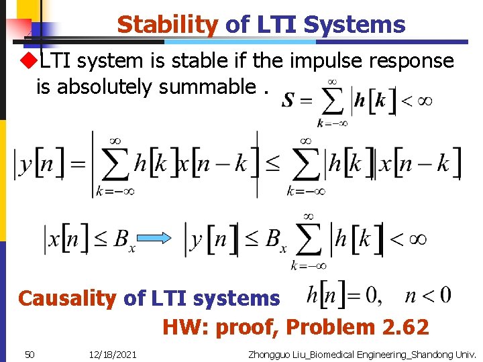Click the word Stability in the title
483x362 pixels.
(167, 25)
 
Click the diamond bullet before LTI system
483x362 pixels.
(29, 60)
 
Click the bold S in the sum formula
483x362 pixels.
(288, 100)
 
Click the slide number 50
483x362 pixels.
(29, 353)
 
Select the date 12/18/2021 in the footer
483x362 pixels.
(112, 353)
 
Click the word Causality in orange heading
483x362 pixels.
(67, 298)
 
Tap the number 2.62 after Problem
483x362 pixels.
(405, 327)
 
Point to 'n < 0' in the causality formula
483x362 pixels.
(427, 295)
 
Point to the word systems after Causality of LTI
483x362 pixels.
(239, 298)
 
